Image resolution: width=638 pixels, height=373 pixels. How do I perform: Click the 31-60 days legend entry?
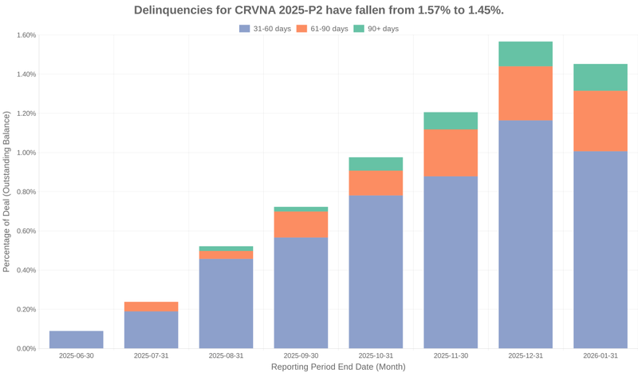[x=266, y=29]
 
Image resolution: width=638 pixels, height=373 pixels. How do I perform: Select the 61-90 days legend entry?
[x=323, y=29]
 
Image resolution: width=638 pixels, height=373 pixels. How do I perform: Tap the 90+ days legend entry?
[x=375, y=29]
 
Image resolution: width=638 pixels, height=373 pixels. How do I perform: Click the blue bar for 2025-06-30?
[x=77, y=339]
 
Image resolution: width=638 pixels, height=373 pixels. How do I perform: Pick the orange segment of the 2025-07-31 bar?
[x=152, y=307]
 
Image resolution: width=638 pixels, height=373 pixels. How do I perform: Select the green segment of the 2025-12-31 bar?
[x=526, y=54]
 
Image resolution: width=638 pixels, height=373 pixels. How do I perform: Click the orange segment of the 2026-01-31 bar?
[x=601, y=121]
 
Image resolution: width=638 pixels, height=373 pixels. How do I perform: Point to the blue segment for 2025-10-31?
[x=376, y=272]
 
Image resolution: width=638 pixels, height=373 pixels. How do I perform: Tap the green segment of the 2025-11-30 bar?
[x=451, y=121]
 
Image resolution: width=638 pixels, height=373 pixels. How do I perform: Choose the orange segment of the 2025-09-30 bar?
[x=301, y=224]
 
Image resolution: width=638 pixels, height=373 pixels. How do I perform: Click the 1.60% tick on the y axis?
[x=26, y=35]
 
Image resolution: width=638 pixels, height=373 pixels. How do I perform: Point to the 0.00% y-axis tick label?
[x=26, y=349]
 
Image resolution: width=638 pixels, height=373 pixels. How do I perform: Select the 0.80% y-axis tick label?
[x=26, y=192]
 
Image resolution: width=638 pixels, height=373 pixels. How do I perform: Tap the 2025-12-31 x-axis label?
[x=526, y=356]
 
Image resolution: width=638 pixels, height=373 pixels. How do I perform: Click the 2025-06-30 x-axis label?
[x=77, y=356]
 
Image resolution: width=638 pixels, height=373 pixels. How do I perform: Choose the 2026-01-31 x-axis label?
[x=601, y=356]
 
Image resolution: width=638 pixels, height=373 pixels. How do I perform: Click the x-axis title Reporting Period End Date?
[x=338, y=367]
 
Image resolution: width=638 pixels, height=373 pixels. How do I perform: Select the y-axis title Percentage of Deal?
[x=7, y=192]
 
